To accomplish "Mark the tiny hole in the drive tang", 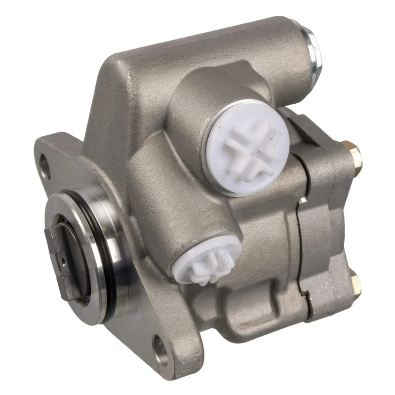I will pyautogui.click(x=64, y=257).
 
